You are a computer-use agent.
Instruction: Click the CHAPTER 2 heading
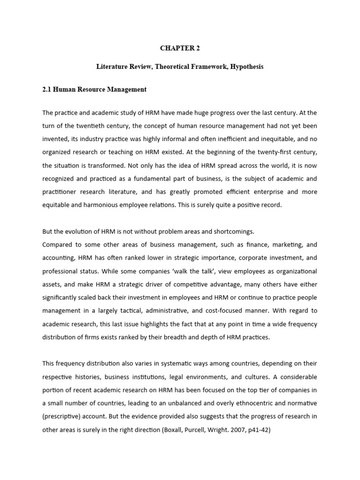tap(180, 47)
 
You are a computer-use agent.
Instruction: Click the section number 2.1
tap(47, 89)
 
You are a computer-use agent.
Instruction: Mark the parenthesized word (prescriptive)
tap(65, 416)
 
